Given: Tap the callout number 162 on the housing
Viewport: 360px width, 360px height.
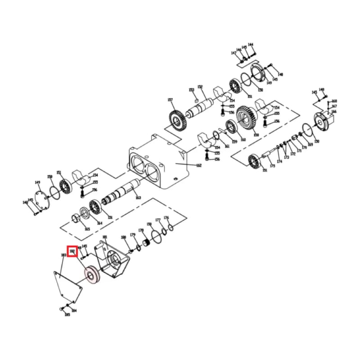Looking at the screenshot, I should point(199,165).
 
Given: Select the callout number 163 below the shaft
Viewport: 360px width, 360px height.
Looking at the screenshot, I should point(138,198).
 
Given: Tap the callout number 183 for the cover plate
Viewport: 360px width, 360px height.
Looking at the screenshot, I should point(63,255).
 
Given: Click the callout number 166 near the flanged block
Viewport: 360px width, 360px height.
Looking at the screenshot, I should point(334,112).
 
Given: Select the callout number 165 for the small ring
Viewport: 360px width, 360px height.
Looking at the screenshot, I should point(87,229).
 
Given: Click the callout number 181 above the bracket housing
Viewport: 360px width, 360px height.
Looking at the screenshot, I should point(105,237).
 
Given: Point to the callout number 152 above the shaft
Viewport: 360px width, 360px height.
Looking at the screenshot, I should point(200,87).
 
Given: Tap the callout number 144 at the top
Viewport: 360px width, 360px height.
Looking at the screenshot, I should point(251,45).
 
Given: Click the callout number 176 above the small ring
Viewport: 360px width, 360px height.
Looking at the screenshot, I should point(166,218).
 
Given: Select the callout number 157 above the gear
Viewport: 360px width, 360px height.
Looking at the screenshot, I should point(170,100).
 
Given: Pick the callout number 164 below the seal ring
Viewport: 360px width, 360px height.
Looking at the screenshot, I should point(99,223).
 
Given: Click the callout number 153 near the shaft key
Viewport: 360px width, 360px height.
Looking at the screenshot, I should point(191,90).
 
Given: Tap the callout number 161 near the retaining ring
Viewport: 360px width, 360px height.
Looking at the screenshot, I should point(227,146).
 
